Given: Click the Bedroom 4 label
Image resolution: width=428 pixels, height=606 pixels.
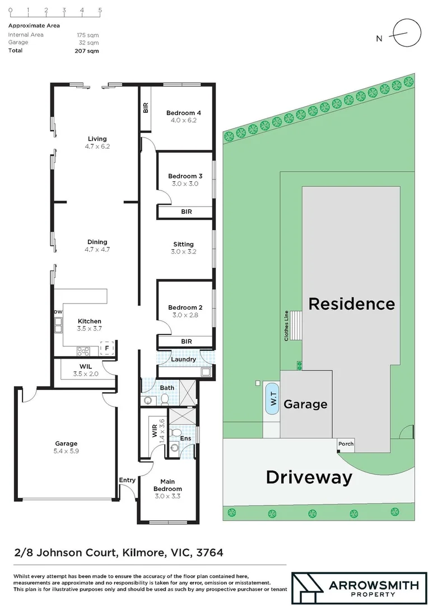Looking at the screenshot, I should click(183, 113).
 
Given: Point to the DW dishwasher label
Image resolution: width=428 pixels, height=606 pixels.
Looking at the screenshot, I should click(58, 312).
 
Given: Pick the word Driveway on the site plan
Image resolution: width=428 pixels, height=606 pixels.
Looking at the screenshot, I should click(309, 478).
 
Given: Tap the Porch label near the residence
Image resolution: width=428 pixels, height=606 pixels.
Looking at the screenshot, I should click(346, 444).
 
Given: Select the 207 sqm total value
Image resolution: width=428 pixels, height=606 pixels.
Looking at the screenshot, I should click(86, 50).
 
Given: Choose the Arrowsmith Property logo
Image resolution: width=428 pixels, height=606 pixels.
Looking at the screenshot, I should click(355, 589).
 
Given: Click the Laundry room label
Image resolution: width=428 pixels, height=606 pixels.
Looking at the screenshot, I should click(183, 359).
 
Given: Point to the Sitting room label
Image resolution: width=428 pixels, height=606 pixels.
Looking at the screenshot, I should click(183, 244).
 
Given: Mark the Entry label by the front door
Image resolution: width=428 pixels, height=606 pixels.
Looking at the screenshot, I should click(127, 480).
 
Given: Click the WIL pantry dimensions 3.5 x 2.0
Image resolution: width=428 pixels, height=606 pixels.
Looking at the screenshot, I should click(86, 374).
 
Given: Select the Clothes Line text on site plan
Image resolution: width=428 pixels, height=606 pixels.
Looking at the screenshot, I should click(286, 325).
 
